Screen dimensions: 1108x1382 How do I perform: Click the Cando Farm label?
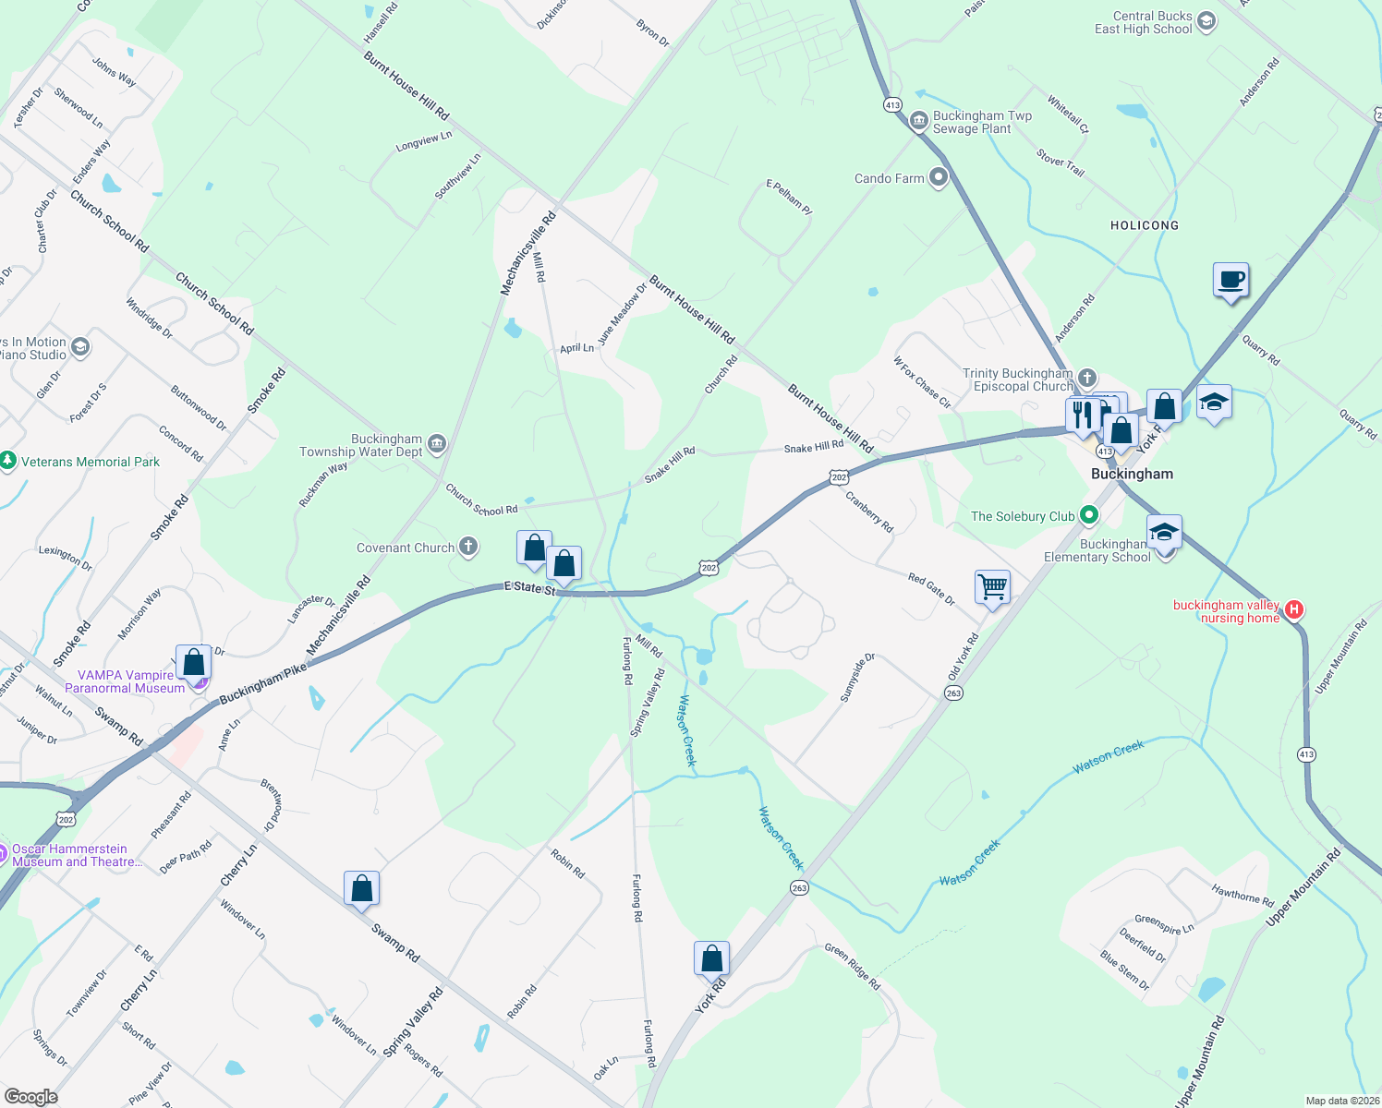[889, 178]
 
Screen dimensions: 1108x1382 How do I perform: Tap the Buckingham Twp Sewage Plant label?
[981, 122]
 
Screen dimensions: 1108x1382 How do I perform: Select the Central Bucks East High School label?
[1144, 23]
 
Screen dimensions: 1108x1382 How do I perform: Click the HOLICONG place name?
[1145, 225]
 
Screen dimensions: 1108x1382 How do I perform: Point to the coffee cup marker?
[1230, 280]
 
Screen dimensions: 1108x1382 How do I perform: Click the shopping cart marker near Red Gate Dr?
[992, 586]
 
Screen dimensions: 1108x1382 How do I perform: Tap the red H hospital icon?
[1294, 609]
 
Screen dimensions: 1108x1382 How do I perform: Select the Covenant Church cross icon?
[468, 548]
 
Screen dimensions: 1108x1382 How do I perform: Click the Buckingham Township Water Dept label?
[360, 445]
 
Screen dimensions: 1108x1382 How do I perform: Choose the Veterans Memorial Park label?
[91, 462]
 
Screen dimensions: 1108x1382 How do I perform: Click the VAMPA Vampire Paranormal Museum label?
[125, 681]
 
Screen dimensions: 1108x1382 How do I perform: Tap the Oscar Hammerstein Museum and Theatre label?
[77, 855]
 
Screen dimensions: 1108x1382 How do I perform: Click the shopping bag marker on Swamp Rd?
[361, 888]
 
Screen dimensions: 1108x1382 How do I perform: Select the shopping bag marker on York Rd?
[711, 958]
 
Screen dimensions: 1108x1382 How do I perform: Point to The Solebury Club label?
[1023, 516]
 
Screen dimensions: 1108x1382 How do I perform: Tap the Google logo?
[30, 1096]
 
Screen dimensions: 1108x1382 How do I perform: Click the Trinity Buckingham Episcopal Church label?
[1017, 379]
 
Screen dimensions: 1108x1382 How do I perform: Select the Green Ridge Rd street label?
[852, 966]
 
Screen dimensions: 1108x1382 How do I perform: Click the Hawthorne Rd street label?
[1243, 894]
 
